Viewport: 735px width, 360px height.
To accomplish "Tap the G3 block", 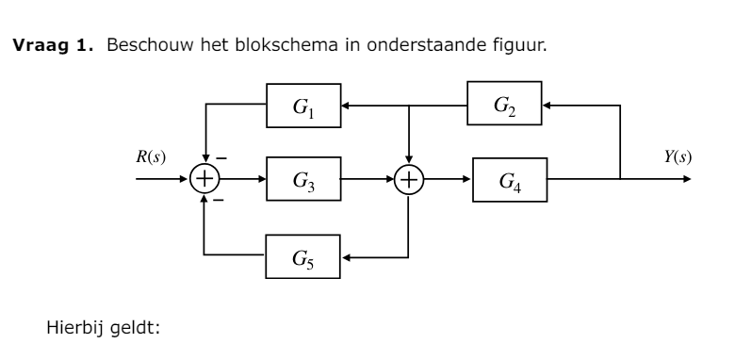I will [304, 178].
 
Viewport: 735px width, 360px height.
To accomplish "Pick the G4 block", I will [509, 178].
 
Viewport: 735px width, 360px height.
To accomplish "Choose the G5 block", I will [304, 254].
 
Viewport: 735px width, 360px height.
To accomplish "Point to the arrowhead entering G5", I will [347, 254].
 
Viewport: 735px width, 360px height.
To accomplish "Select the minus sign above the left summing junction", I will [223, 158].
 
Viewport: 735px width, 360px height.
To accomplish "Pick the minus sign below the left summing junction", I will [218, 200].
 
